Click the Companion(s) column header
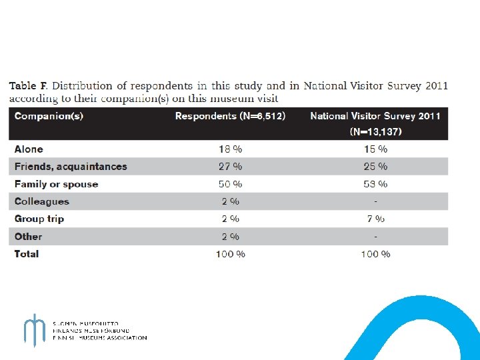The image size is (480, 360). click(49, 117)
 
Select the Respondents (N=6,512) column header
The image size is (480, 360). click(230, 117)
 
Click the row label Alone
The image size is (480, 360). click(29, 149)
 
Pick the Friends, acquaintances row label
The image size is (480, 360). click(71, 167)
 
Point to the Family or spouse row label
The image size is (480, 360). click(57, 184)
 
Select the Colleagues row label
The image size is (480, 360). click(42, 201)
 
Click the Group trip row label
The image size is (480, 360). click(39, 219)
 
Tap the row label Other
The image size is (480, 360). click(29, 236)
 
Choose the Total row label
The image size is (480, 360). click(27, 253)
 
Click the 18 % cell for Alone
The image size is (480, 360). click(230, 149)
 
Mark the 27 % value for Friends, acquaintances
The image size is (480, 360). click(230, 167)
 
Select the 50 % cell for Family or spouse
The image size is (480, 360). click(230, 184)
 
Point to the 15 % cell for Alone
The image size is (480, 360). click(375, 149)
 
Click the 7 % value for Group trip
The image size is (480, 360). click(375, 219)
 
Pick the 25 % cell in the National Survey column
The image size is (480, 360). click(375, 167)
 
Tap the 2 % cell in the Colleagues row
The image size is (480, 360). click(230, 201)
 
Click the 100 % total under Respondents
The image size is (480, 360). click(230, 254)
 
